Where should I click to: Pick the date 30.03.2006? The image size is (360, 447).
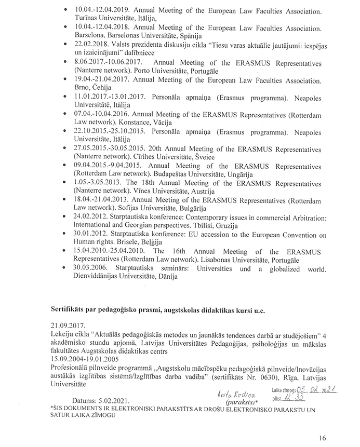coord(92,268)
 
